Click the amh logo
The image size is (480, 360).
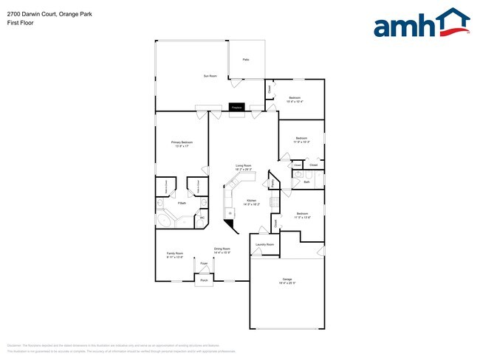pos(422,24)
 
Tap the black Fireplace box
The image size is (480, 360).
pos(237,108)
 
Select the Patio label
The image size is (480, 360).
pos(246,59)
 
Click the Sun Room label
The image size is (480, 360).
pos(210,76)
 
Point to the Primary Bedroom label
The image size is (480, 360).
pos(182,144)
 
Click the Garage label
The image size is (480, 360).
pos(288,281)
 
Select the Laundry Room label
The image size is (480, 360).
pos(264,244)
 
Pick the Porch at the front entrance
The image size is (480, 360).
pos(203,280)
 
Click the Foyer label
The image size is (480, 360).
pos(203,263)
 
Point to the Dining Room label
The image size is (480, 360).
pos(222,251)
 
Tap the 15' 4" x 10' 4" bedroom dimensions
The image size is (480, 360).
pos(295,101)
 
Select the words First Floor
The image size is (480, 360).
pos(20,23)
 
